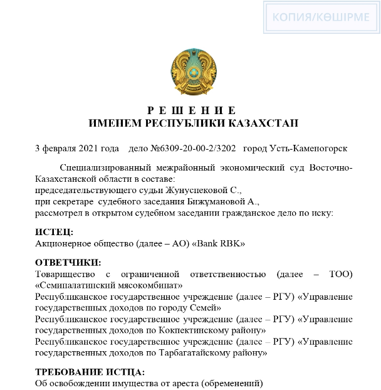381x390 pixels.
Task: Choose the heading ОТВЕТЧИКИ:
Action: (x=68, y=262)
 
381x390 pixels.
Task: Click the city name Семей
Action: (x=204, y=307)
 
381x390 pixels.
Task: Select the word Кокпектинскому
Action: (x=197, y=330)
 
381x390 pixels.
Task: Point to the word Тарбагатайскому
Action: (x=201, y=352)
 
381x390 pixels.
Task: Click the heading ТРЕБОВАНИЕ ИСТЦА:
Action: (x=90, y=372)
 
